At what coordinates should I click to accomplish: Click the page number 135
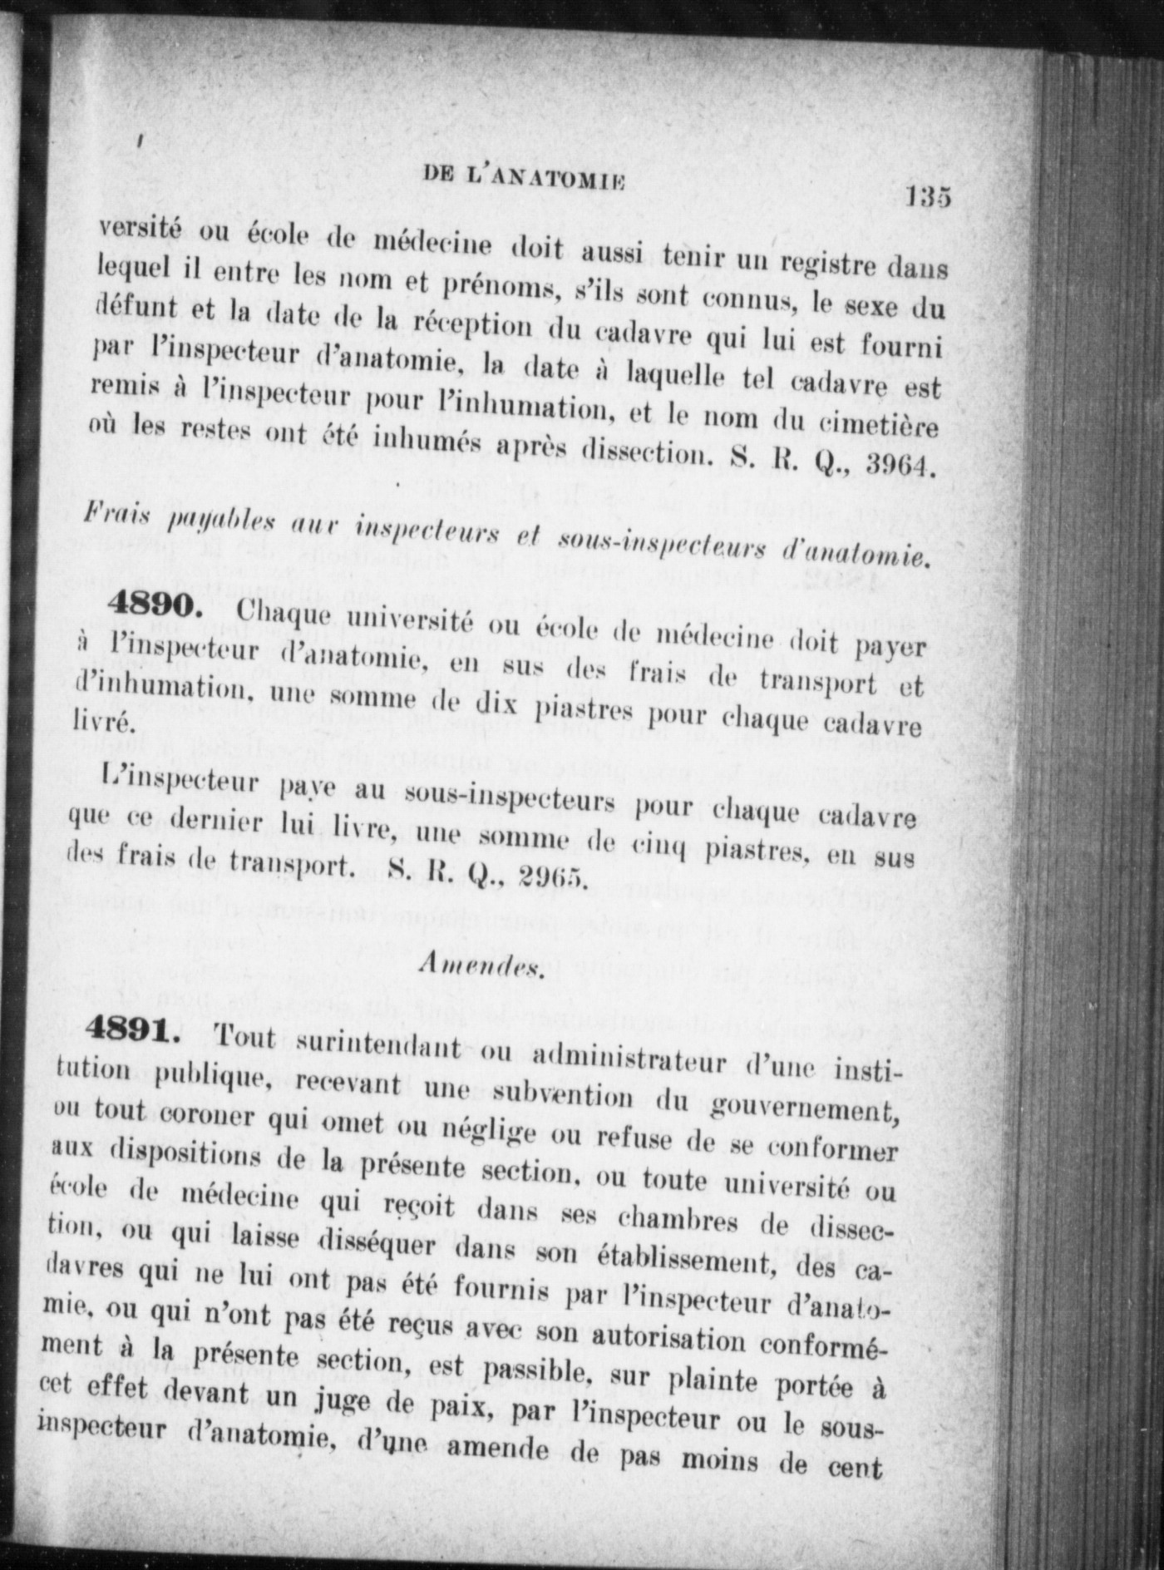coord(928,199)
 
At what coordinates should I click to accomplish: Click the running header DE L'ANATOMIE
coord(523,178)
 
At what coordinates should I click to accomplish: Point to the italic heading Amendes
coord(482,964)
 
